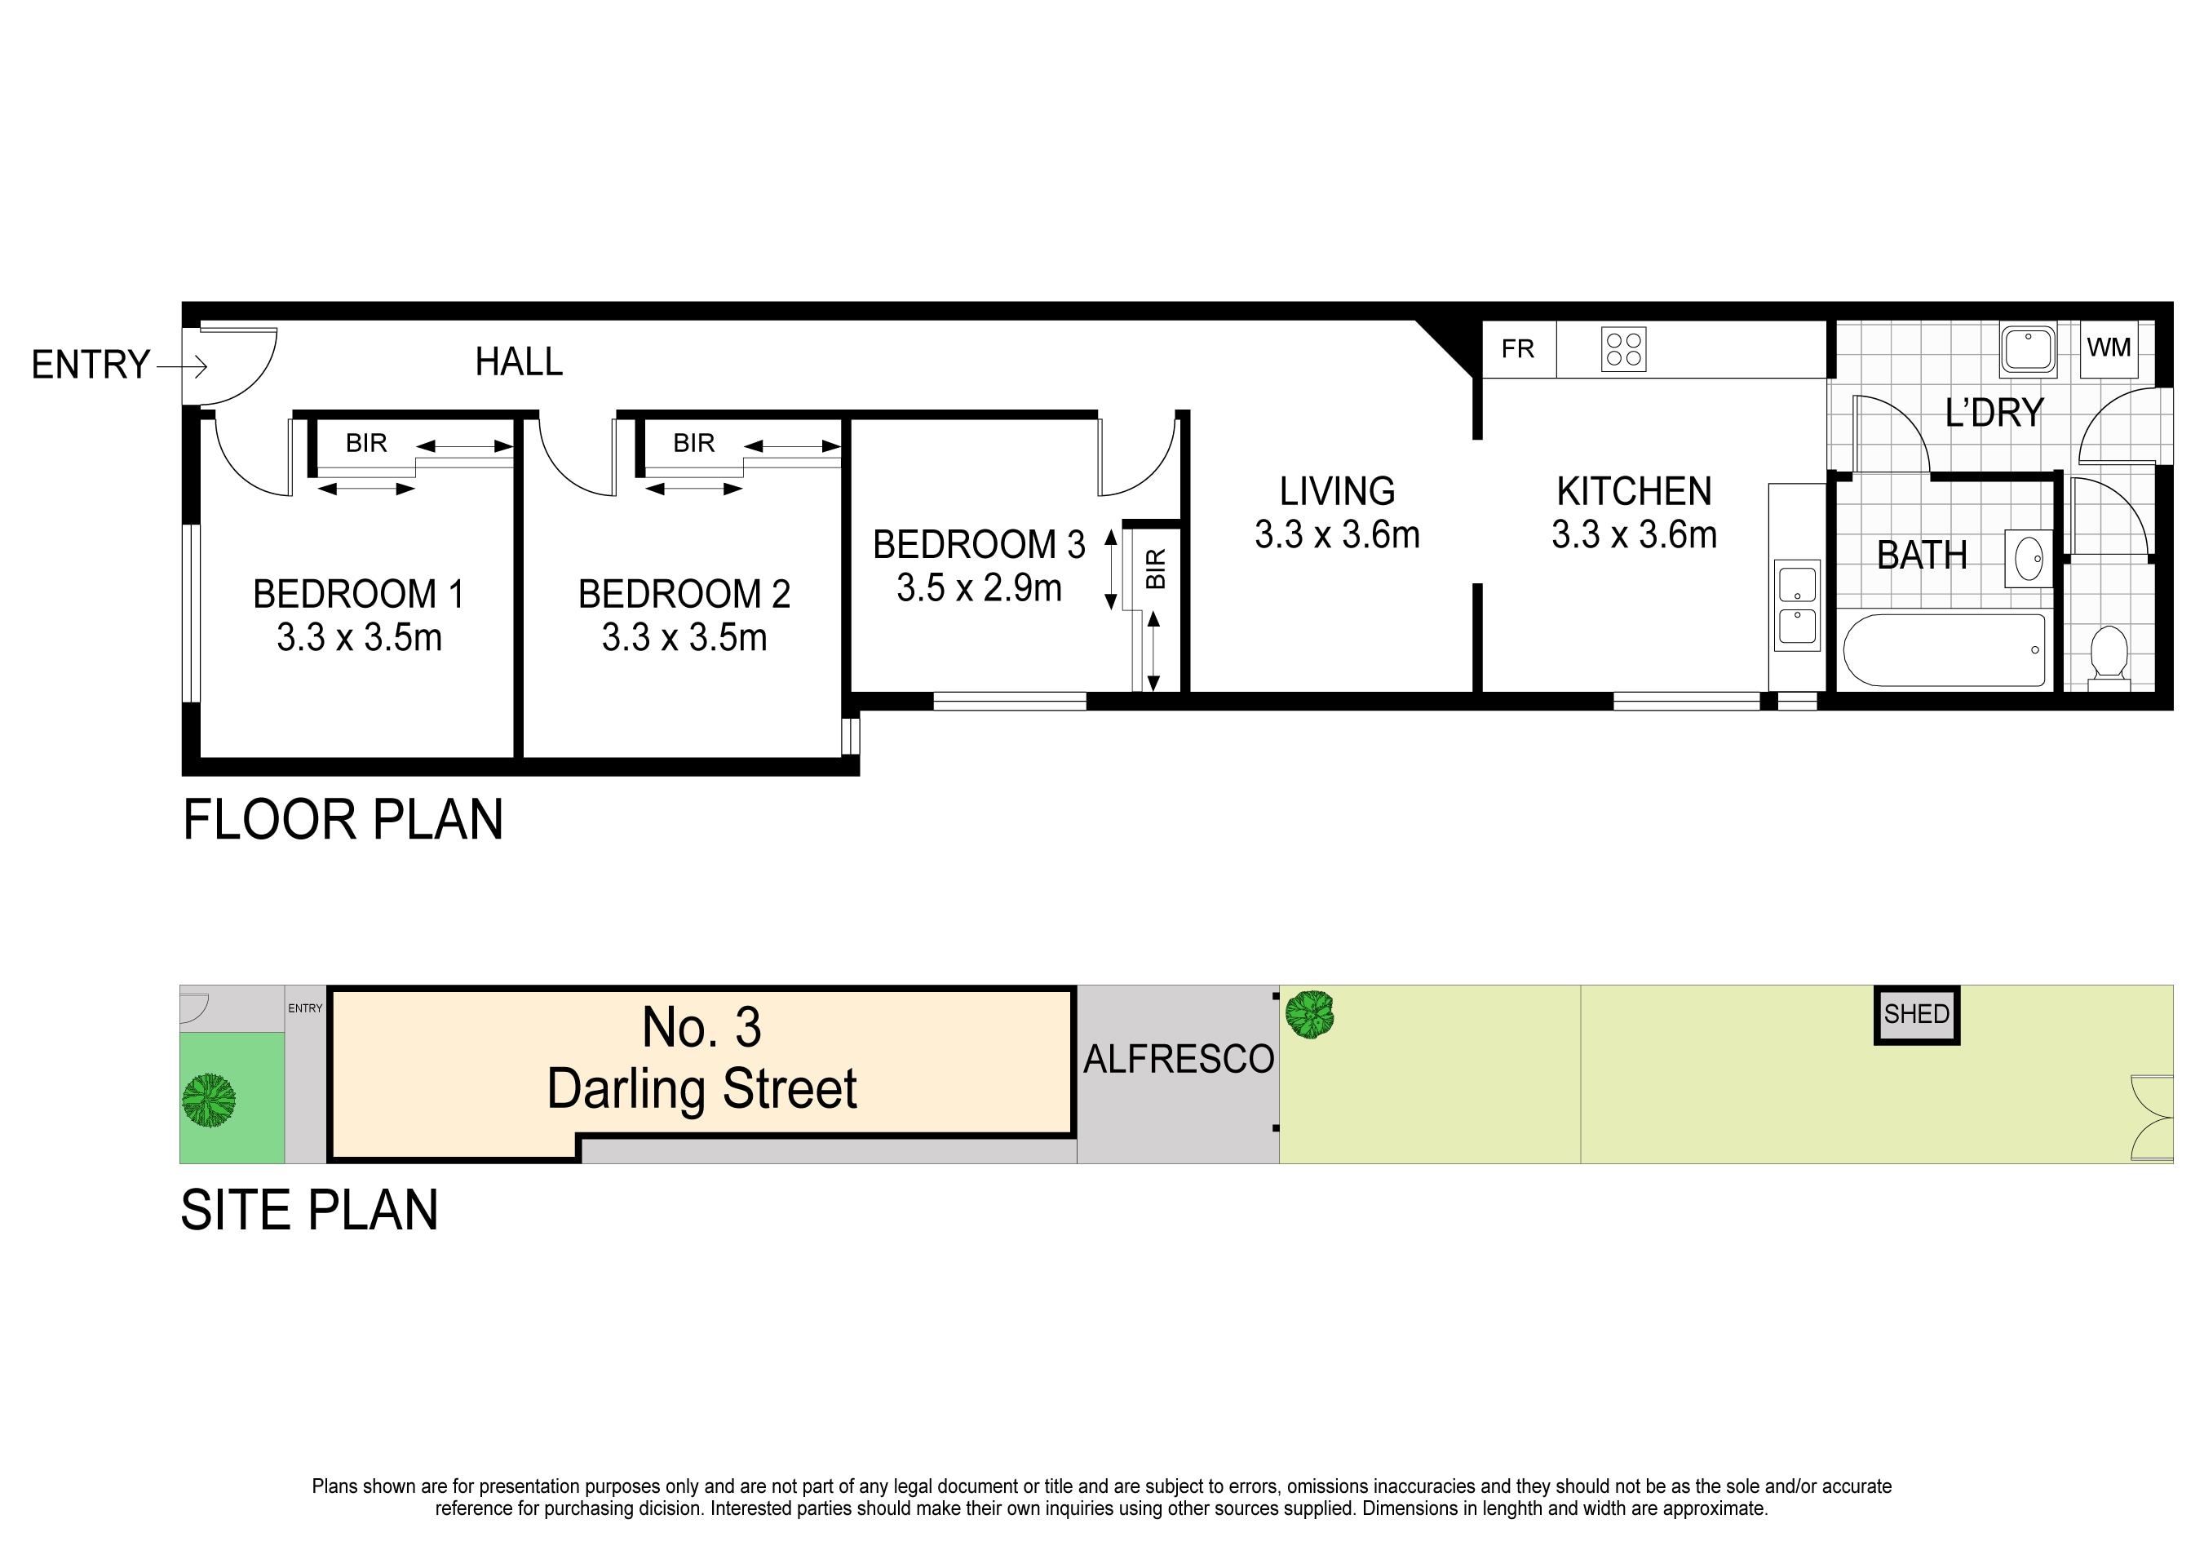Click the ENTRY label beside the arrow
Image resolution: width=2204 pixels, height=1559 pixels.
tap(91, 365)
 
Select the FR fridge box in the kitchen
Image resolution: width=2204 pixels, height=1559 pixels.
tap(1518, 348)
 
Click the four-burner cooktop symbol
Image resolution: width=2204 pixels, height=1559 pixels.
tap(1623, 349)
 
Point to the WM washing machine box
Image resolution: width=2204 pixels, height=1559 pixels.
tap(2108, 348)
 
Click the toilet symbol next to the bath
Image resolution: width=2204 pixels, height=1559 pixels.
tap(2109, 655)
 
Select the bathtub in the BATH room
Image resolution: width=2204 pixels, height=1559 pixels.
tap(1944, 650)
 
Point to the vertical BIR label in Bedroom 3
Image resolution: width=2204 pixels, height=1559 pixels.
tap(1156, 569)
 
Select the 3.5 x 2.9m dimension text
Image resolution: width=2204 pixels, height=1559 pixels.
tap(979, 587)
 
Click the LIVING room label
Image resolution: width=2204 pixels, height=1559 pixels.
tap(1337, 491)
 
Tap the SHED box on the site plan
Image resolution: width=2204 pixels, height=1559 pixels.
tap(1916, 1015)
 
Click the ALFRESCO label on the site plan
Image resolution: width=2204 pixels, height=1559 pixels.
tap(1178, 1059)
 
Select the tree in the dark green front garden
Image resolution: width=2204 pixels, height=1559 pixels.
tap(210, 1101)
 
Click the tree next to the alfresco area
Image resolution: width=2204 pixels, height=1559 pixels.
tap(1309, 1014)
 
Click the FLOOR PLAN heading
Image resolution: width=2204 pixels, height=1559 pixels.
tap(343, 820)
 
